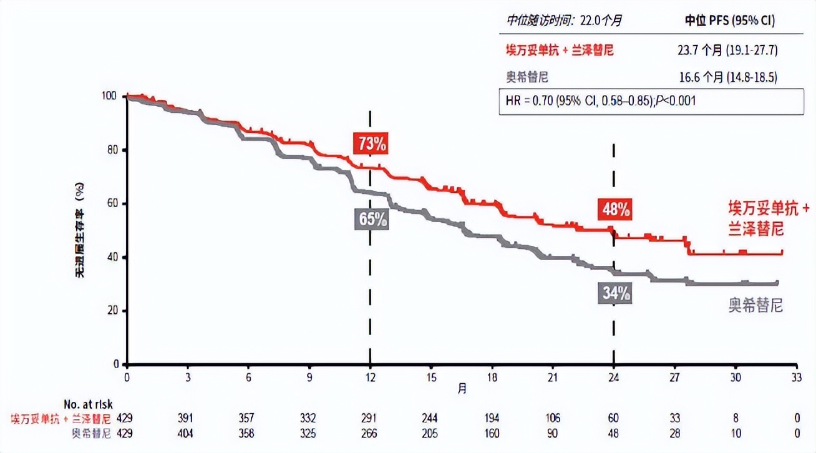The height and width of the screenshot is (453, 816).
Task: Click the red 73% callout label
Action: click(x=371, y=144)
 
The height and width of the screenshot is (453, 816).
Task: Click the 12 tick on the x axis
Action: click(x=371, y=377)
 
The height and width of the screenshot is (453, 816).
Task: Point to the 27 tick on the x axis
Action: click(x=675, y=377)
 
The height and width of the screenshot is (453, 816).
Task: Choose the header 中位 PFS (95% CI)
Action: click(x=730, y=21)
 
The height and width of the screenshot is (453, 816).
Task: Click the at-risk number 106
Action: click(x=553, y=417)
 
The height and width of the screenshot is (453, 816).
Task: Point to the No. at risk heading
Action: click(x=88, y=404)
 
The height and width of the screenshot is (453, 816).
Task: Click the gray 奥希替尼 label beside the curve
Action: click(x=755, y=306)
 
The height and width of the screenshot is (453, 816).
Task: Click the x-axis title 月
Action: click(x=462, y=387)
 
